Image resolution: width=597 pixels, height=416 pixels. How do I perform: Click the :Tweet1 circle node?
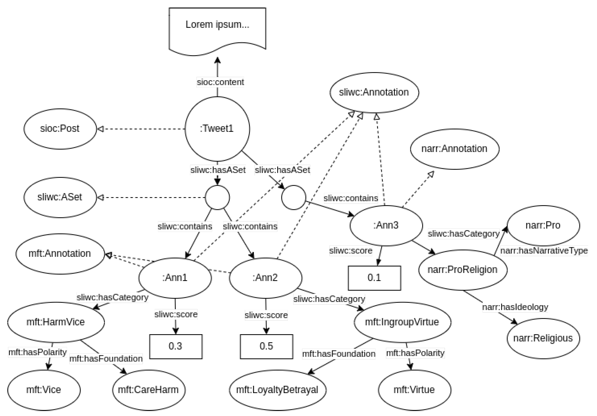tap(217, 129)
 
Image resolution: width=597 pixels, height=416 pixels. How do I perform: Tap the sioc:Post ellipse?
tap(60, 129)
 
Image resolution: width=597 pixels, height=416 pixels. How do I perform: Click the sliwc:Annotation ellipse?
tap(374, 92)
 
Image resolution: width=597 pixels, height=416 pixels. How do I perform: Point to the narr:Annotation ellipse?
tap(454, 149)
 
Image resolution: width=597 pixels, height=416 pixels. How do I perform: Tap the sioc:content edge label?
tap(220, 82)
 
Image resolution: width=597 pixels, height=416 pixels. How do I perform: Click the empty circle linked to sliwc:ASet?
tap(217, 197)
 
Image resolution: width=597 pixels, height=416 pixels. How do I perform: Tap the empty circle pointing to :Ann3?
tap(293, 197)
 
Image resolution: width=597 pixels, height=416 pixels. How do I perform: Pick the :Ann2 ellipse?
tap(266, 278)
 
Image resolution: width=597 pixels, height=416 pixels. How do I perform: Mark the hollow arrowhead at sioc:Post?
tap(100, 129)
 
